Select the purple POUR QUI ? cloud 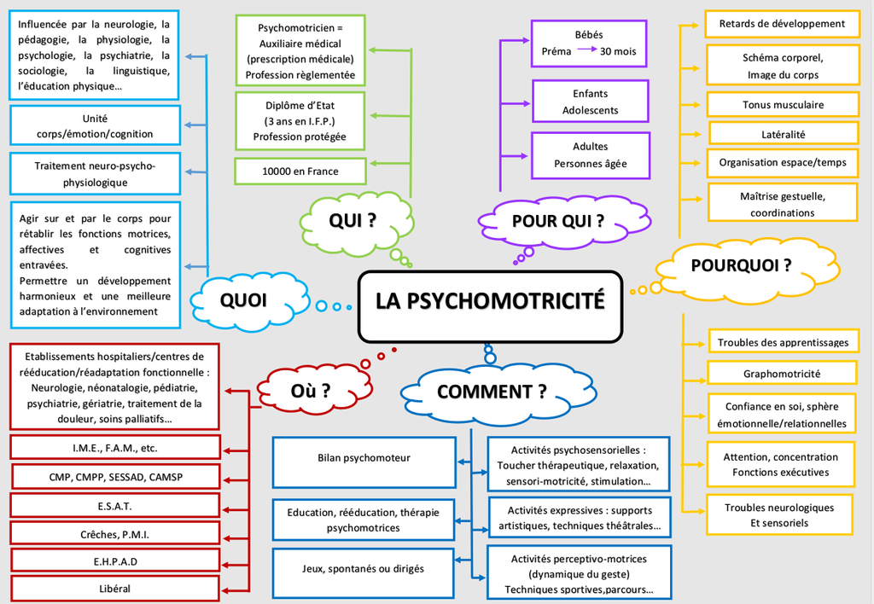pyautogui.click(x=559, y=222)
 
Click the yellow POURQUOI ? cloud pyautogui.click(x=741, y=266)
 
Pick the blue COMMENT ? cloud pyautogui.click(x=491, y=392)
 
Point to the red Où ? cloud pyautogui.click(x=310, y=392)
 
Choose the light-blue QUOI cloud pyautogui.click(x=243, y=300)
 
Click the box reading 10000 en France pyautogui.click(x=300, y=171)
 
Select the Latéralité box pyautogui.click(x=783, y=134)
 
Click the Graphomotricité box pyautogui.click(x=781, y=374)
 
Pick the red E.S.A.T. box pyautogui.click(x=115, y=506)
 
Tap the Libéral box pyautogui.click(x=115, y=588)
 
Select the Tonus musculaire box pyautogui.click(x=783, y=105)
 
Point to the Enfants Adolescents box pyautogui.click(x=591, y=102)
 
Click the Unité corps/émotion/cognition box pyautogui.click(x=95, y=125)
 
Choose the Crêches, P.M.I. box pyautogui.click(x=115, y=534)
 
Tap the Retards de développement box pyautogui.click(x=781, y=24)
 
